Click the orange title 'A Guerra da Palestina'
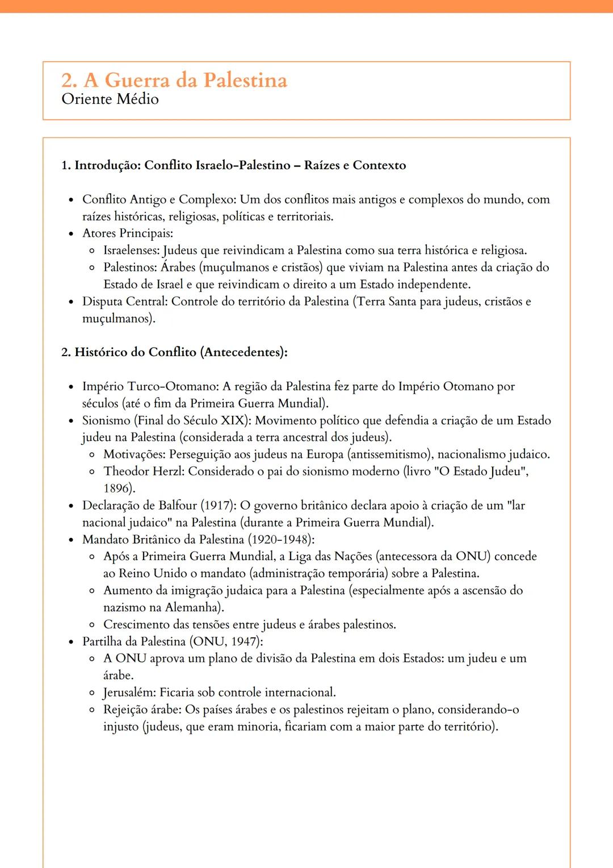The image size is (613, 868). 185,81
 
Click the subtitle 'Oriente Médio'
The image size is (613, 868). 110,99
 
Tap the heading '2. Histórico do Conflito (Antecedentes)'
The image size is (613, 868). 174,352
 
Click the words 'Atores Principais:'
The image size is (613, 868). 128,233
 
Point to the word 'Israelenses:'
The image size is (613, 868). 132,251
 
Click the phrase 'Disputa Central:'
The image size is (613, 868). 125,302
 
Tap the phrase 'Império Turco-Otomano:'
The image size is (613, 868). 150,387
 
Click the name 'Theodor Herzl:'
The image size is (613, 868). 144,471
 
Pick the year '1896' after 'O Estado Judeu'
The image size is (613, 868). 117,489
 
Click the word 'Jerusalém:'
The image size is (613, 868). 130,692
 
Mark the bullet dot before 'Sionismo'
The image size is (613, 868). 71,421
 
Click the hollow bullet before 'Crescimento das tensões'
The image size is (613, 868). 92,625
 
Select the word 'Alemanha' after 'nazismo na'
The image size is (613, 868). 192,608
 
